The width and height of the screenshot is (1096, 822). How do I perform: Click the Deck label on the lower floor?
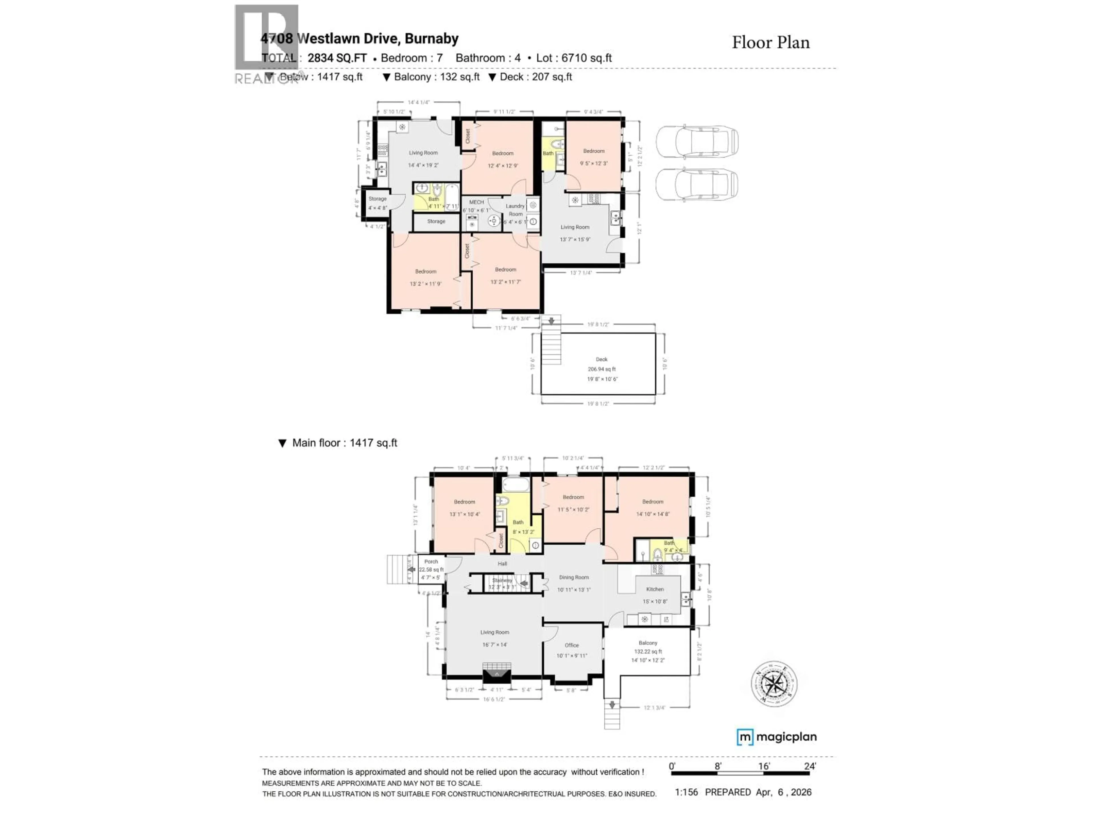point(601,360)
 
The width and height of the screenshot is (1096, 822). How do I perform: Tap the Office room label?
point(571,645)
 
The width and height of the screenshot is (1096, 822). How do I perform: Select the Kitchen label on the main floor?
point(654,589)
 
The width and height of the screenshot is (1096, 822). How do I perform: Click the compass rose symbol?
point(774,684)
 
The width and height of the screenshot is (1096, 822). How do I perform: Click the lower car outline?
point(697,184)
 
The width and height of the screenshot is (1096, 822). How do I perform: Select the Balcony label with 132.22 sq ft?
point(648,643)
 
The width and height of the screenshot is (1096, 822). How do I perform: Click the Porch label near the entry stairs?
point(431,562)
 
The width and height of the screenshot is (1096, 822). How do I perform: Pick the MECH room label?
point(476,202)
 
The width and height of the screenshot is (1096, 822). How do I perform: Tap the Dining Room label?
point(574,577)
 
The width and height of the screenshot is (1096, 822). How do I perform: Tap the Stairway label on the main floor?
point(502,580)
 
